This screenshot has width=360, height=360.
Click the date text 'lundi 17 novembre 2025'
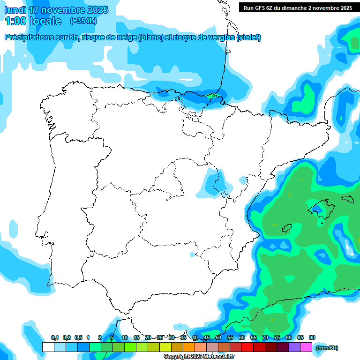coord(56,10)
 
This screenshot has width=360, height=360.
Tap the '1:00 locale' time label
coord(34,21)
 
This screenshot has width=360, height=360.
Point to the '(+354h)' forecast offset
coord(83,21)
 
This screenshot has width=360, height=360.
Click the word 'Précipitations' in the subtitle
coord(28,37)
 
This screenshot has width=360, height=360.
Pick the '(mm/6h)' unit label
coord(327,348)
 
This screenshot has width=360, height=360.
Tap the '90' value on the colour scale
coord(312,337)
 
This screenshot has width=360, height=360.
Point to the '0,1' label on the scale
coord(55,337)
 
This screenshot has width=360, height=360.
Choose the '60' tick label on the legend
coord(242,337)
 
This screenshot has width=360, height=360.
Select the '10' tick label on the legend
coord(125,337)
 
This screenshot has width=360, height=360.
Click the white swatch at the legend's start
coord(48,347)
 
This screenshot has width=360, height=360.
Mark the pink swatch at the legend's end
coord(306,347)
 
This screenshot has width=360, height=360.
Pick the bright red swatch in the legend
coord(247,347)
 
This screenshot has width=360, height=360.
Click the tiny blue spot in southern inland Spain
coord(192,255)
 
